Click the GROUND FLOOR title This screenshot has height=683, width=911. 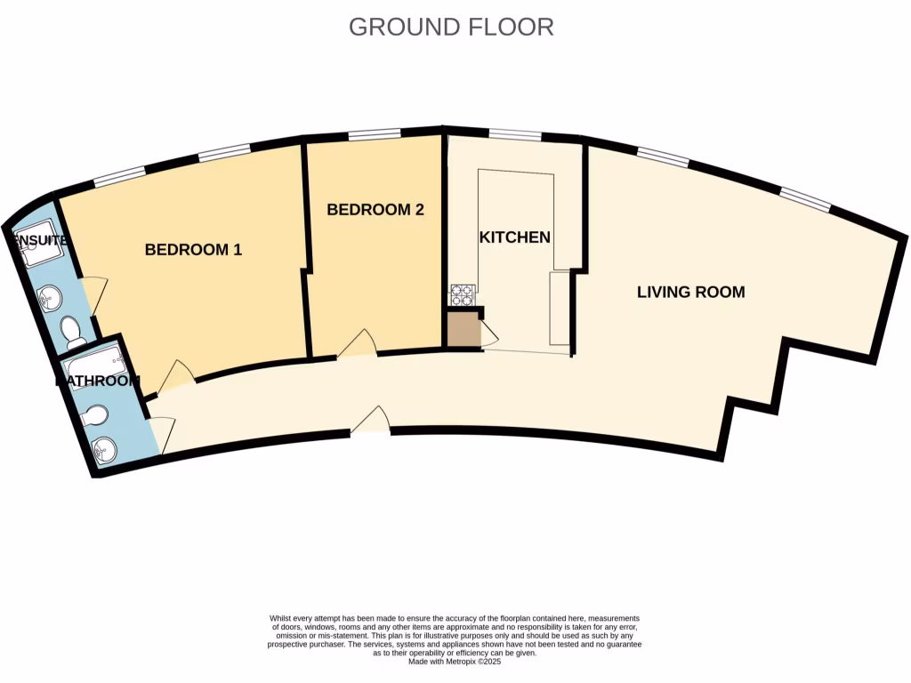[x=451, y=27]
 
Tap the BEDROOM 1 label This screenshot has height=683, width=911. [x=193, y=250]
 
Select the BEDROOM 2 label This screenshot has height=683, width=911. [x=375, y=210]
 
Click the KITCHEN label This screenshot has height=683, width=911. [x=514, y=237]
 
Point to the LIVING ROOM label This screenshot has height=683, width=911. [x=690, y=292]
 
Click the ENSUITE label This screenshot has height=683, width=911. [x=36, y=240]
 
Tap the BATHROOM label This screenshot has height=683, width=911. [x=98, y=382]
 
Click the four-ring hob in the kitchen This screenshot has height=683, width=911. [x=463, y=293]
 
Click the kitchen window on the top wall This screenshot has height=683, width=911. [x=514, y=135]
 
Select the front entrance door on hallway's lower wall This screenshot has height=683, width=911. [x=371, y=421]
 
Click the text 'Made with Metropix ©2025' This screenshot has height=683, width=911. [x=454, y=662]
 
